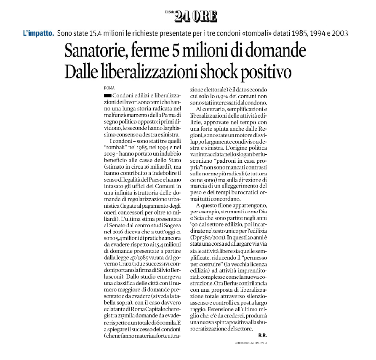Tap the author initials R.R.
(262, 336)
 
